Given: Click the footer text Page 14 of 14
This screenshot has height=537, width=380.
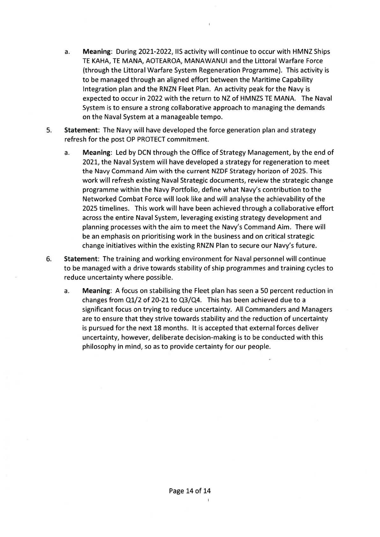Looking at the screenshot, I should click(190, 490).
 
